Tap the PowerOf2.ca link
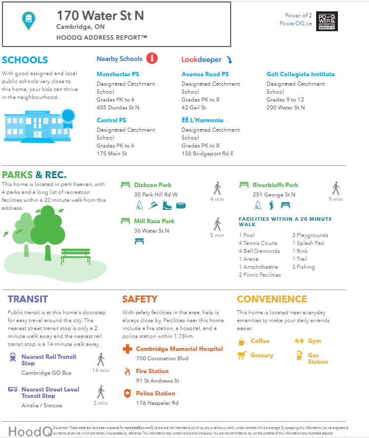[295, 23]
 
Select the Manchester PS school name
[118, 74]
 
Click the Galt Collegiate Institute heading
[300, 74]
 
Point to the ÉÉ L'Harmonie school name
[203, 120]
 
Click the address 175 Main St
[112, 153]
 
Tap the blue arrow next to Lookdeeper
[229, 60]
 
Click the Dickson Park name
[153, 185]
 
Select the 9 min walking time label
[335, 199]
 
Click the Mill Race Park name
[154, 221]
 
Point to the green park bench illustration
[76, 256]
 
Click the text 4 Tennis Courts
[258, 243]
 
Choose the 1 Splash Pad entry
[308, 243]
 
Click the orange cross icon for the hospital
[127, 349]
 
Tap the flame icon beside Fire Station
[127, 372]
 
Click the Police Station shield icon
[127, 394]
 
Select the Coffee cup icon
[242, 341]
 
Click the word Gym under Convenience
[314, 341]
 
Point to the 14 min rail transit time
[101, 370]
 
